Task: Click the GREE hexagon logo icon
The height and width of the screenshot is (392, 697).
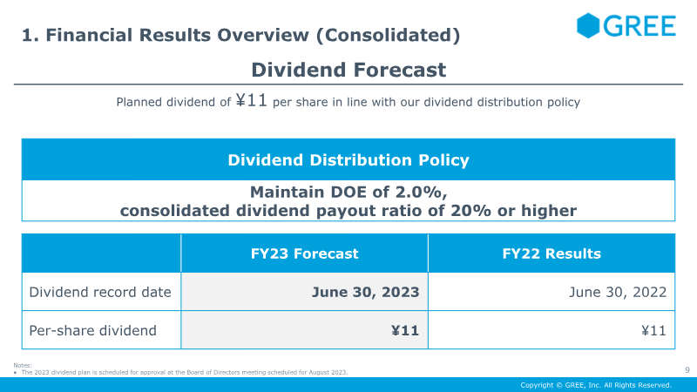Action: pyautogui.click(x=588, y=25)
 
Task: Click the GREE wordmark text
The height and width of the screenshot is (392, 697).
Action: pyautogui.click(x=639, y=26)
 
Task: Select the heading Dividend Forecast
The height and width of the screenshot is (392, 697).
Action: pyautogui.click(x=348, y=70)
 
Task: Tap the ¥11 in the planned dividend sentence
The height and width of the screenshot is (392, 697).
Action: pyautogui.click(x=251, y=100)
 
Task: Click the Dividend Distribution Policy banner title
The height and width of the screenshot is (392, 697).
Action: pyautogui.click(x=348, y=160)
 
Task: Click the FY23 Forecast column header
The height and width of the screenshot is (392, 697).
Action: pyautogui.click(x=304, y=253)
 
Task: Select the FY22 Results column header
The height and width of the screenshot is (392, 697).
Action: pyautogui.click(x=552, y=253)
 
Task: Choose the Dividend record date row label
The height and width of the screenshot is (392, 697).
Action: pyautogui.click(x=100, y=292)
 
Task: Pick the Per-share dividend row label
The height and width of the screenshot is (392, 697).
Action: pyautogui.click(x=93, y=330)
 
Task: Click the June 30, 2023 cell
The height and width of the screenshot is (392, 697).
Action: pyautogui.click(x=365, y=292)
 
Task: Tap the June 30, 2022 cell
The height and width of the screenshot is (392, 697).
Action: pyautogui.click(x=618, y=292)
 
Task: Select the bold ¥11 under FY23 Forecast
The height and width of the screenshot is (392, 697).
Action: pyautogui.click(x=405, y=330)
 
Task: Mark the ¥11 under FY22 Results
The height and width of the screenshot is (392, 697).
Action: pyautogui.click(x=654, y=330)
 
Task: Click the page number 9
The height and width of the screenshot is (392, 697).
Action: pyautogui.click(x=687, y=369)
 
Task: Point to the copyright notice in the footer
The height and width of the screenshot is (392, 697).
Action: pyautogui.click(x=596, y=385)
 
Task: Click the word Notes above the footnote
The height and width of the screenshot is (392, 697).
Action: pyautogui.click(x=23, y=365)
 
